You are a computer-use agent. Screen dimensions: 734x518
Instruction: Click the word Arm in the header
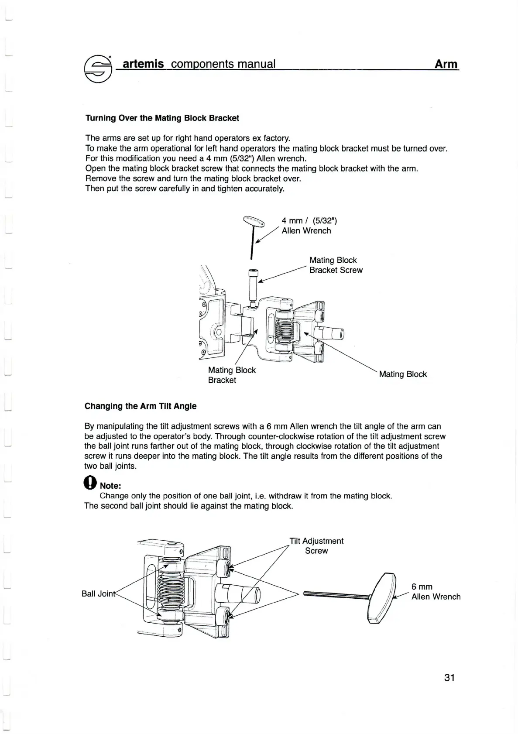coord(446,64)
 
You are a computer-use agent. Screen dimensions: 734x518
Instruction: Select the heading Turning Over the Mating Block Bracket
coord(162,118)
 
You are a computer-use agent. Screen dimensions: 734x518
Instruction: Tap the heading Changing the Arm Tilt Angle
coord(141,406)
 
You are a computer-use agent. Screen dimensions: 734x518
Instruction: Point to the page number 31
coord(449,678)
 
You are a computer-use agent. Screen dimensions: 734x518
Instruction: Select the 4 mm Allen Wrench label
coord(309,226)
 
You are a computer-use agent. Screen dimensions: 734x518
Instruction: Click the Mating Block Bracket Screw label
coord(336,265)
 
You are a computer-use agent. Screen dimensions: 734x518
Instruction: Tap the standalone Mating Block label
coord(403,374)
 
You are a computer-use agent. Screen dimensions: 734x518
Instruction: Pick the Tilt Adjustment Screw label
coord(317,546)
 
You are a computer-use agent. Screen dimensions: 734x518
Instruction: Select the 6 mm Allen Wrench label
coord(436,592)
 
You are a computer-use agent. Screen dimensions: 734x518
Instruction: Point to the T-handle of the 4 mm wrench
coord(254,222)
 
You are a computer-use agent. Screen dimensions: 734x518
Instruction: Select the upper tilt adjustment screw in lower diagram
coord(226,568)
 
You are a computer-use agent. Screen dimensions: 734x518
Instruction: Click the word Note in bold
coord(110,486)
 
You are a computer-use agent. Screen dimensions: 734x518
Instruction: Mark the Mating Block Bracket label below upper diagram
coord(232,375)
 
